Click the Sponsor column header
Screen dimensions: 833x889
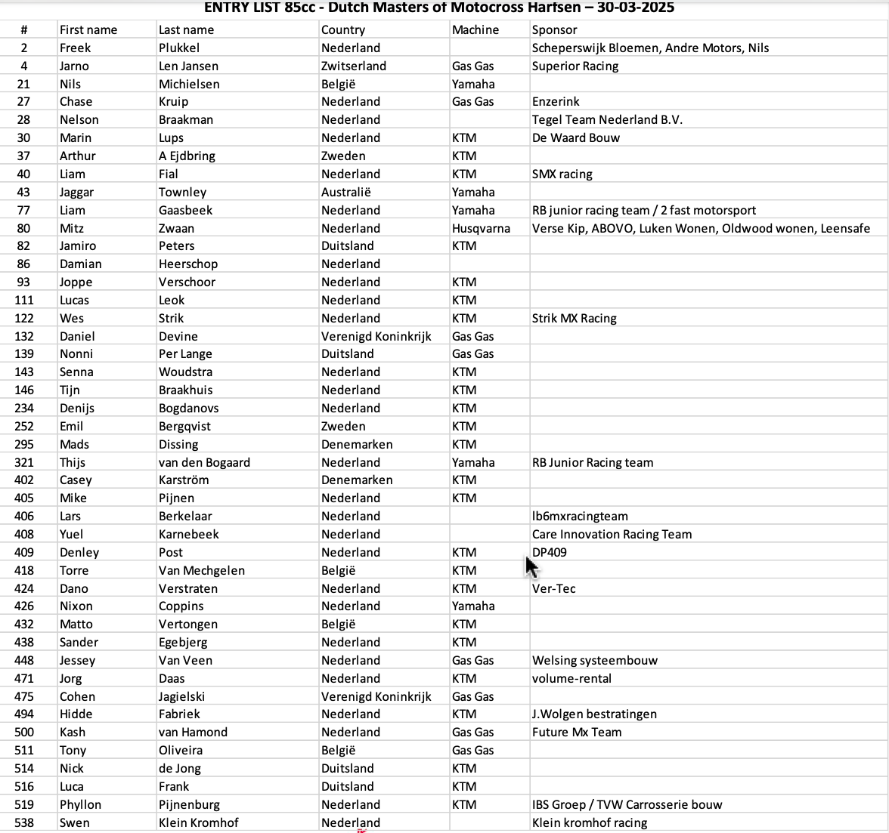[x=554, y=30]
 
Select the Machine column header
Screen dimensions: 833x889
[x=475, y=30]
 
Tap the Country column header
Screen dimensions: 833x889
[x=343, y=30]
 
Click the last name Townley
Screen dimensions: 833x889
[x=182, y=192]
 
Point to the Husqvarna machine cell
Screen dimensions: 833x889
[x=481, y=228]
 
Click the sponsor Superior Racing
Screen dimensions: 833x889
[x=575, y=66]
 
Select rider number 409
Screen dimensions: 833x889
[x=24, y=552]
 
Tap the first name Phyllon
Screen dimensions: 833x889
[x=80, y=804]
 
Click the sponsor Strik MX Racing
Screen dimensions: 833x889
[x=574, y=318]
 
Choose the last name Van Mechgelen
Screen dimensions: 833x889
[x=202, y=570]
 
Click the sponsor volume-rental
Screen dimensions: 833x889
[x=571, y=678]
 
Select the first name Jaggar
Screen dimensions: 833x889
[x=77, y=192]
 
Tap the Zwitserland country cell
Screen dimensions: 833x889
[x=354, y=66]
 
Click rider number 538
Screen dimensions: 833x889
[x=24, y=822]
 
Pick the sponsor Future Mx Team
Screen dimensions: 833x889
[x=577, y=732]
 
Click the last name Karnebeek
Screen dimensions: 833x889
[x=189, y=534]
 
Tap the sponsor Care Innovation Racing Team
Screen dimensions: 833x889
[x=612, y=534]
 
